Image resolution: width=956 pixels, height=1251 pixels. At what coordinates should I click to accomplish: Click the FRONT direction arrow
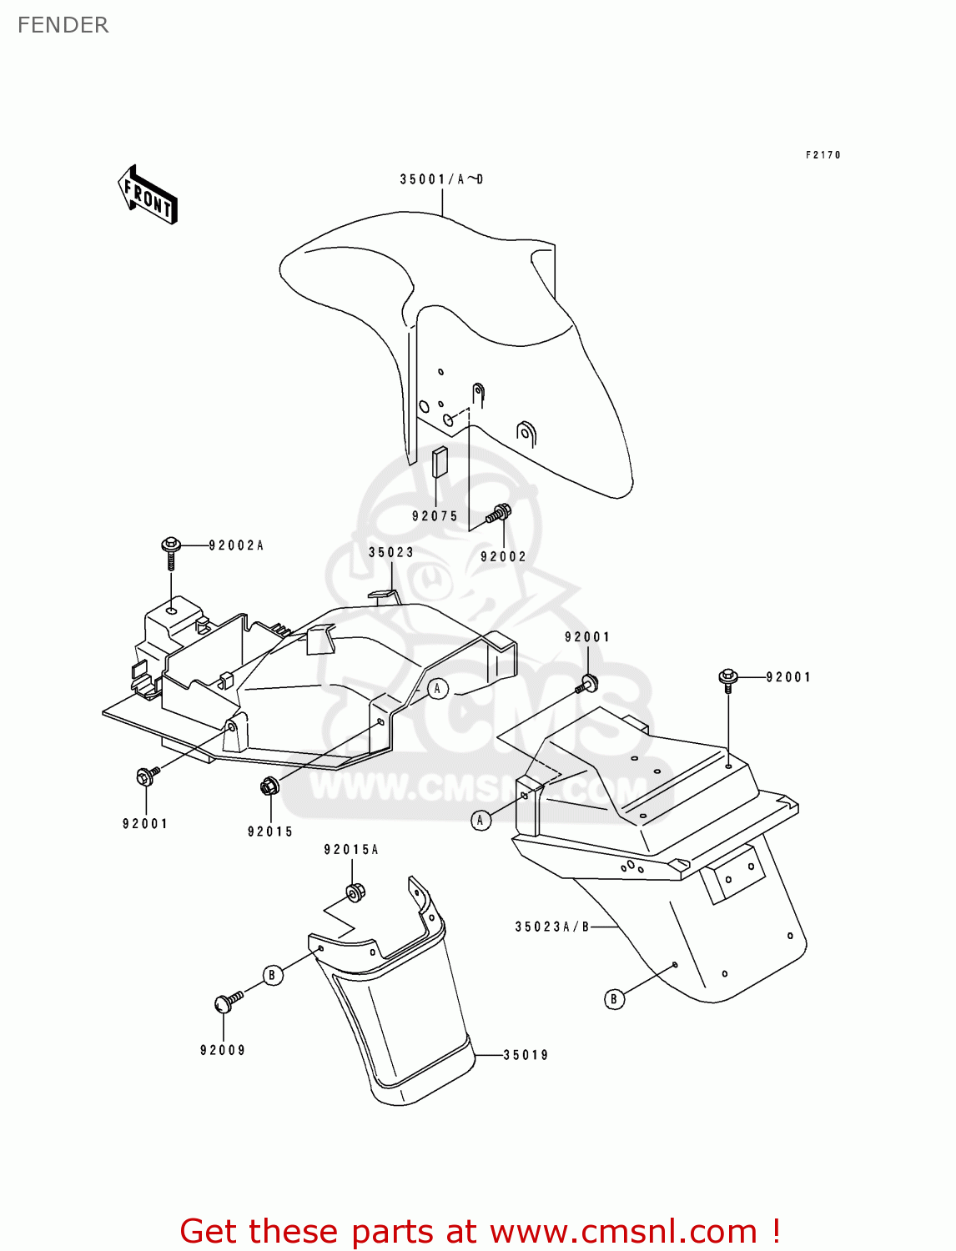click(148, 194)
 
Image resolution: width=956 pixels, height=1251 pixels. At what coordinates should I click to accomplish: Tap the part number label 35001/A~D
click(441, 179)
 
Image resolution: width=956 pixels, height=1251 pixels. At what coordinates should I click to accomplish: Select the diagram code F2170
click(823, 155)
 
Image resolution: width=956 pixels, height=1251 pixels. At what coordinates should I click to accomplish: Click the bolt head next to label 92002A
click(171, 546)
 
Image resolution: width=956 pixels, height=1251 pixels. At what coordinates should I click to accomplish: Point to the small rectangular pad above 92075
click(440, 461)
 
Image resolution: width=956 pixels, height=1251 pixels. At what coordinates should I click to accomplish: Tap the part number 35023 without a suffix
click(391, 552)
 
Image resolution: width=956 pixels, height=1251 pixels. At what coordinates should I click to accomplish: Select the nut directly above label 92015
click(269, 786)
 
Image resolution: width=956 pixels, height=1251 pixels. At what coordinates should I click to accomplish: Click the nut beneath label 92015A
click(354, 892)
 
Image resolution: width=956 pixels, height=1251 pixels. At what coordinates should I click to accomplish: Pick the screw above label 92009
click(227, 1002)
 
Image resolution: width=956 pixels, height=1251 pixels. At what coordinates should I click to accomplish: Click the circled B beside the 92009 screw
click(272, 975)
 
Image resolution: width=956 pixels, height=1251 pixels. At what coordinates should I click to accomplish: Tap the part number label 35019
click(526, 1055)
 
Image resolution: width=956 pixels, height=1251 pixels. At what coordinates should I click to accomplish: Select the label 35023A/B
click(552, 927)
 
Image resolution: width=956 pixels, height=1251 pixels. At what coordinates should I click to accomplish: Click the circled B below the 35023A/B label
click(614, 998)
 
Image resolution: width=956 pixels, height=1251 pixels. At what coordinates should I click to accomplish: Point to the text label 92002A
click(236, 545)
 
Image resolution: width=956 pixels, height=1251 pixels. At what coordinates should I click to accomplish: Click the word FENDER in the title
click(63, 25)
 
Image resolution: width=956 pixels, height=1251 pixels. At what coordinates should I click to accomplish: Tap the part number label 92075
click(435, 516)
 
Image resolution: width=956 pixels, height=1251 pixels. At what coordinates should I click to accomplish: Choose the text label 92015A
click(351, 850)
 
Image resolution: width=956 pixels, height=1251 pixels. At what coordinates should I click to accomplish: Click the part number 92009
click(223, 1050)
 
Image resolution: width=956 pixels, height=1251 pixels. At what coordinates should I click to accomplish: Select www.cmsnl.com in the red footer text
click(622, 1231)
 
